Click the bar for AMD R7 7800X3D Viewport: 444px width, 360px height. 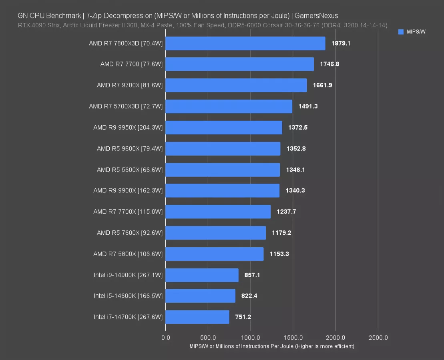(x=245, y=43)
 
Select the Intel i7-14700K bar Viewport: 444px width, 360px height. (x=197, y=317)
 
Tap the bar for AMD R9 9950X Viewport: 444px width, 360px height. (x=223, y=128)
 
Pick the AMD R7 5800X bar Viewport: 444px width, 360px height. (x=214, y=254)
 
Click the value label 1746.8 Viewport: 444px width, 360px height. (x=329, y=64)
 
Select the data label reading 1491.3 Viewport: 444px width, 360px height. (x=308, y=106)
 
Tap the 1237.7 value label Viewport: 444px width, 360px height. (x=286, y=212)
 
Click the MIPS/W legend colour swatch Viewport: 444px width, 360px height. (x=401, y=32)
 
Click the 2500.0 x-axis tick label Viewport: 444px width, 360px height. (x=378, y=338)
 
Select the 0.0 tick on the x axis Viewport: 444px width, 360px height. (x=165, y=338)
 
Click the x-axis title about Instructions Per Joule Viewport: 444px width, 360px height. (x=272, y=346)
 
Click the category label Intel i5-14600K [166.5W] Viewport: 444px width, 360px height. (x=128, y=296)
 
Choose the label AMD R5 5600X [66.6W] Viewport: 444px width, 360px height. (x=130, y=170)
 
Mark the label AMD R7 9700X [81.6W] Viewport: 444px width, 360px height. (x=130, y=85)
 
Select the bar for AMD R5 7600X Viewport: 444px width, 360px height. (x=215, y=233)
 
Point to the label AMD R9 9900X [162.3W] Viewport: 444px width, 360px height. (x=128, y=190)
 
